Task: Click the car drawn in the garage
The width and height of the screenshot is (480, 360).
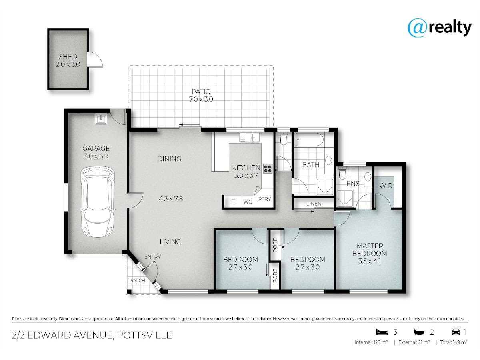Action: click(x=98, y=202)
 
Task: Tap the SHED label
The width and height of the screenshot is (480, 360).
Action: click(x=68, y=57)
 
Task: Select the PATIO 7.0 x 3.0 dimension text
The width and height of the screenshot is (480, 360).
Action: click(x=201, y=99)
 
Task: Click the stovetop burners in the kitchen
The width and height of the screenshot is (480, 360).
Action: click(x=268, y=168)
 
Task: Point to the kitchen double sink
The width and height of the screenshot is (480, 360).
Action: click(x=250, y=138)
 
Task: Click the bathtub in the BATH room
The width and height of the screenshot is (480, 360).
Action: click(x=308, y=140)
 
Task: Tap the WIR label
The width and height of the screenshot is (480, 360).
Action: click(x=386, y=186)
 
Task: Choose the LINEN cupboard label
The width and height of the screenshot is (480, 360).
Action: click(x=314, y=204)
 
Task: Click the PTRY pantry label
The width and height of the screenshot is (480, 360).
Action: click(x=264, y=199)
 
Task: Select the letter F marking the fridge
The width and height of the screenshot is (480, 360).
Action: click(x=233, y=202)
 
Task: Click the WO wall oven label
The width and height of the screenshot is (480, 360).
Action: click(x=248, y=202)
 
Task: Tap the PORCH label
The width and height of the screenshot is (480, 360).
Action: click(x=137, y=280)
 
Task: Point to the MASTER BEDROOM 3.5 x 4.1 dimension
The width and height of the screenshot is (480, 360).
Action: click(x=370, y=261)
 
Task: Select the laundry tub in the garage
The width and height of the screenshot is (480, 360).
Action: click(x=101, y=119)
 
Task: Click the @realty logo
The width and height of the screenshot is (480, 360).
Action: click(x=440, y=28)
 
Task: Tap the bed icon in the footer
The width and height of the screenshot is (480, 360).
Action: click(x=382, y=332)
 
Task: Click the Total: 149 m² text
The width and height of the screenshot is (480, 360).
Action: click(x=454, y=342)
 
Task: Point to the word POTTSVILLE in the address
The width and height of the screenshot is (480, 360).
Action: click(x=144, y=335)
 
